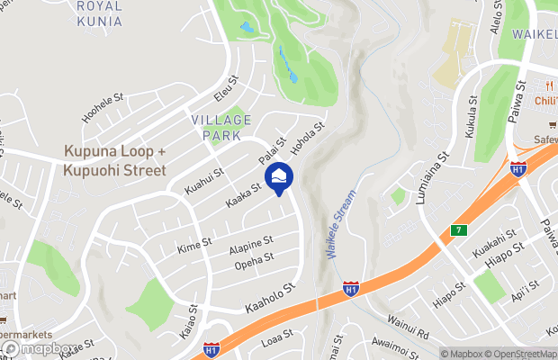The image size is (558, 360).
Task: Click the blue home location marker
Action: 280,175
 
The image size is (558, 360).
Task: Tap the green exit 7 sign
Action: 458,231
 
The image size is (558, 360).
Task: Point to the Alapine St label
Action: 250,244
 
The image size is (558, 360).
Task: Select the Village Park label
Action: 216,127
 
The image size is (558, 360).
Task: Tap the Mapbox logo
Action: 39,348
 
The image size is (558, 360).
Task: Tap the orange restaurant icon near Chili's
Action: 544,82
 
